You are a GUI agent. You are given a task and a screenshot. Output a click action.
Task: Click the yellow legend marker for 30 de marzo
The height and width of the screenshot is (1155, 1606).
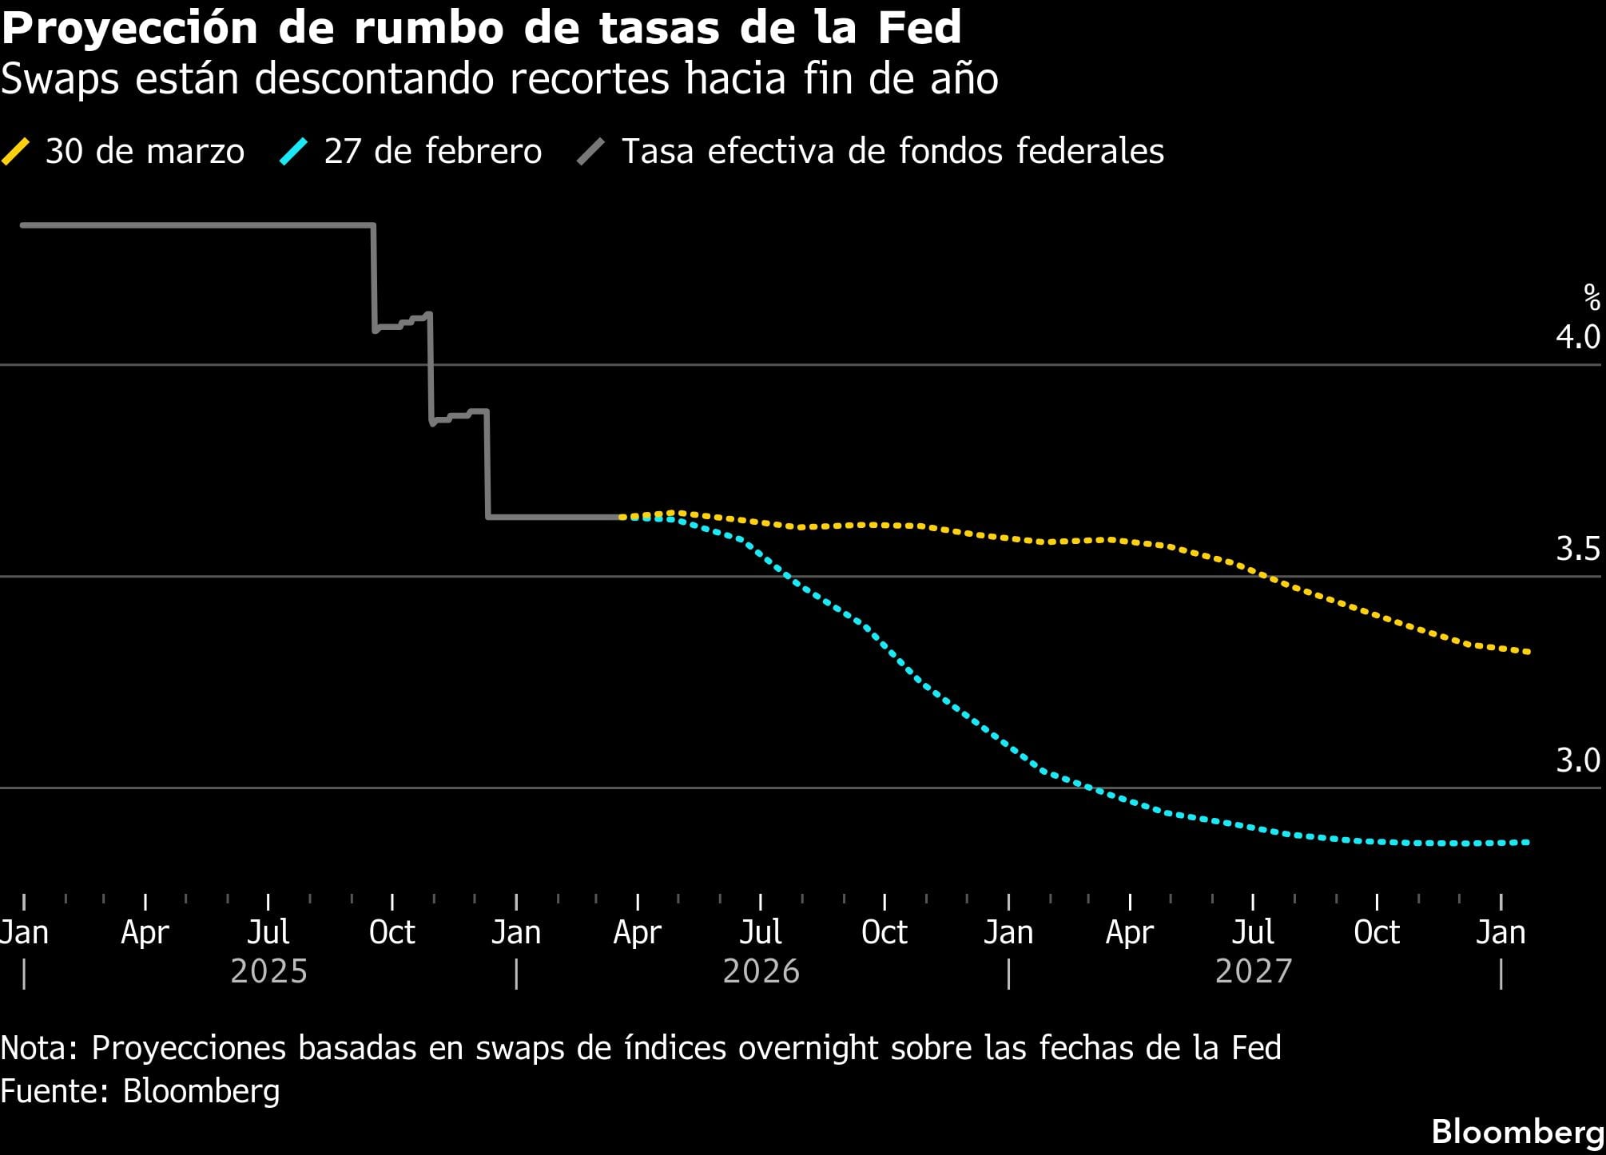pos(16,151)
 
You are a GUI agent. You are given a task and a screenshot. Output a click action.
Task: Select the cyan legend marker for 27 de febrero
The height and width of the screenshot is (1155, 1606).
pos(293,151)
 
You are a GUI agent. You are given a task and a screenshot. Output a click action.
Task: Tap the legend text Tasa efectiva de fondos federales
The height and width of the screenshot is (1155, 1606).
pos(892,151)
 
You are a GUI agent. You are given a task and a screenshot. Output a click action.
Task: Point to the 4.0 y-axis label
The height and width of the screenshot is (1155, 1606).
pos(1577,337)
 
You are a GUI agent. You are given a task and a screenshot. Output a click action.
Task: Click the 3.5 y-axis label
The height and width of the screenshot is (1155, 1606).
pos(1577,549)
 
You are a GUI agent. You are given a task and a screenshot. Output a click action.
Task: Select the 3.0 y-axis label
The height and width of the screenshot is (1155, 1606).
pos(1577,760)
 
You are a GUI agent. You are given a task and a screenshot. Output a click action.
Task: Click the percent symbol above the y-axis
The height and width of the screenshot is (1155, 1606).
pos(1592,298)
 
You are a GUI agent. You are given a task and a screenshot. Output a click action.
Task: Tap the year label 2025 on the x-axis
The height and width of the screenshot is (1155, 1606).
pos(268,972)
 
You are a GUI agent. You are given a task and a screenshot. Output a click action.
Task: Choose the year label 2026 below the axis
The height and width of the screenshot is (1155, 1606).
pos(761,972)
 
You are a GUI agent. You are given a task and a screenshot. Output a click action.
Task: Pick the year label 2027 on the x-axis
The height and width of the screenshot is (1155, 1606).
pos(1253,972)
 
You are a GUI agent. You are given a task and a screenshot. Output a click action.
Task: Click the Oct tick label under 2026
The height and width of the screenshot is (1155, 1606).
pos(884,932)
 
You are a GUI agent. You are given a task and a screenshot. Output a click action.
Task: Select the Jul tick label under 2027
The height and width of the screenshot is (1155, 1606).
pos(1253,932)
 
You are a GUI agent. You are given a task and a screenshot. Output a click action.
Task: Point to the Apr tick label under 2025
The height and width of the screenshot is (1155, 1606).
pos(145,932)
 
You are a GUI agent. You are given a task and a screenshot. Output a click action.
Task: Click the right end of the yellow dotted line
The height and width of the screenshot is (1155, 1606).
pos(1528,652)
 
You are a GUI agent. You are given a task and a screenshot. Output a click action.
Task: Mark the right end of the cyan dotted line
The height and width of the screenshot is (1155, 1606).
pos(1528,842)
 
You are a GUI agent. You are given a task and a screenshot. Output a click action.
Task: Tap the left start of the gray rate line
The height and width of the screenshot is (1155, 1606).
pos(23,225)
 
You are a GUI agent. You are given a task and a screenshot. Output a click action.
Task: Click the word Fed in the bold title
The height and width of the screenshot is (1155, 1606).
pos(919,28)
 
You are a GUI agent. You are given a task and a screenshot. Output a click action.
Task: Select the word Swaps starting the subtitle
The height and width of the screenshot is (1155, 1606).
pos(60,79)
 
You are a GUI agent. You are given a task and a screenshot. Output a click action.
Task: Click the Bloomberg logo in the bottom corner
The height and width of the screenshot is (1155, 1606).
pos(1517,1132)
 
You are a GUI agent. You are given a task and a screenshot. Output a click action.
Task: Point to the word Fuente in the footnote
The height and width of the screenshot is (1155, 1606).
pos(54,1091)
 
